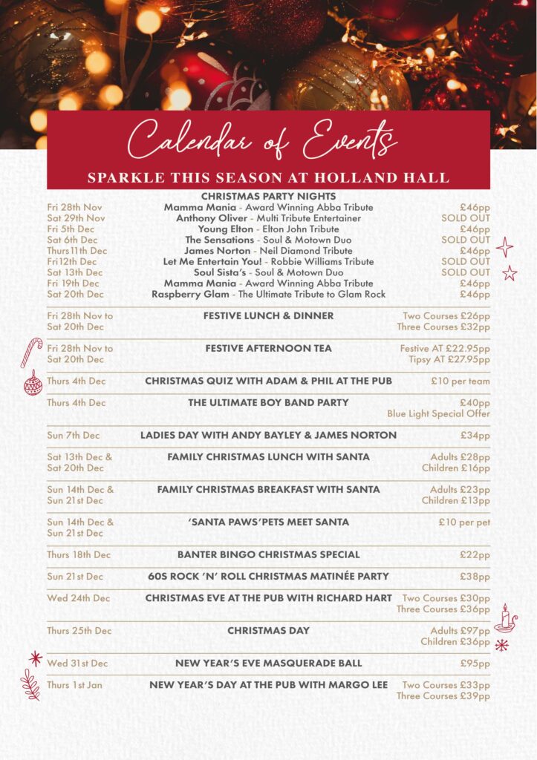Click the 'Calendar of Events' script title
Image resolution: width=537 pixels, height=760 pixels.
[x=263, y=139]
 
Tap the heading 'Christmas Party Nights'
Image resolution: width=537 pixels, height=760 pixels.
[x=268, y=196]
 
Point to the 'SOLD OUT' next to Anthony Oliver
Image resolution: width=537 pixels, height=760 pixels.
[x=465, y=218]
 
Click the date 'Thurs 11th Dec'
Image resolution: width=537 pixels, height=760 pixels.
[x=77, y=251]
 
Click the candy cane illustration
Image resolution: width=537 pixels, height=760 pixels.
[x=31, y=352]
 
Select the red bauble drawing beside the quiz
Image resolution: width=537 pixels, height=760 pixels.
[x=33, y=383]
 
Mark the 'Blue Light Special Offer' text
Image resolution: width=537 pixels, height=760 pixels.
[x=438, y=413]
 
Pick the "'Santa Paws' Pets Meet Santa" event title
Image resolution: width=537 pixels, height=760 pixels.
[x=268, y=522]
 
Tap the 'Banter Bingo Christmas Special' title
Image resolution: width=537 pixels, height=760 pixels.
[x=268, y=554]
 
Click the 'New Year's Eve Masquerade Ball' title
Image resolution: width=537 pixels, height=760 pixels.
[x=268, y=663]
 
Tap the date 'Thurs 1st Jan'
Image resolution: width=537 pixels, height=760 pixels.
[x=74, y=685]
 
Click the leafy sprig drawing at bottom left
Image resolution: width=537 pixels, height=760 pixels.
[x=30, y=684]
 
